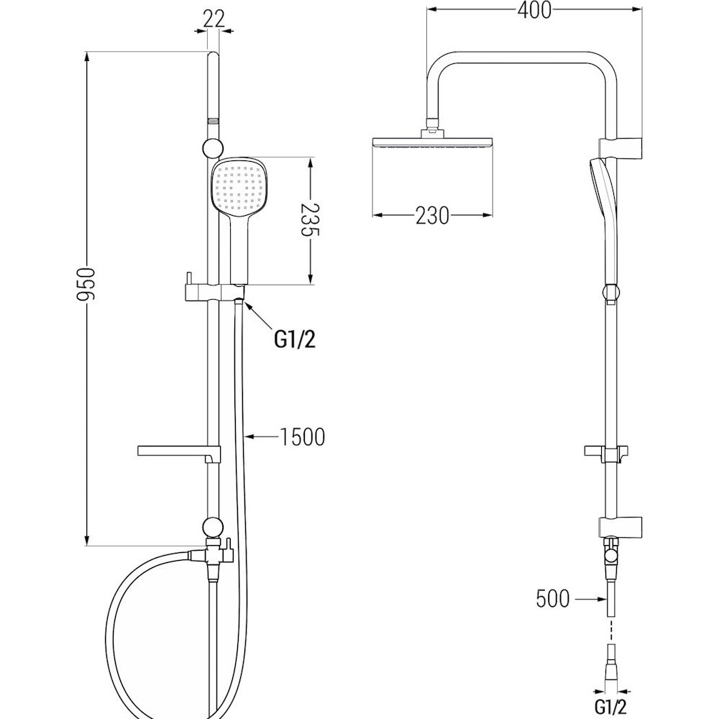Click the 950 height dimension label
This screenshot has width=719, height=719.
tap(86, 284)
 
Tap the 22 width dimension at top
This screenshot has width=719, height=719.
tap(214, 19)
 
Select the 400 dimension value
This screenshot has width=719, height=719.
tap(534, 9)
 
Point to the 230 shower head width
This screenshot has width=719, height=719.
tap(432, 215)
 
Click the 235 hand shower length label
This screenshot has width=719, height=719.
tap(310, 219)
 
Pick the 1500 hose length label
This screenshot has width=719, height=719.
tap(302, 436)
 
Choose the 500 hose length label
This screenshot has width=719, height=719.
tap(552, 598)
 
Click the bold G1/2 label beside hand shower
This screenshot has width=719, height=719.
tap(295, 339)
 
